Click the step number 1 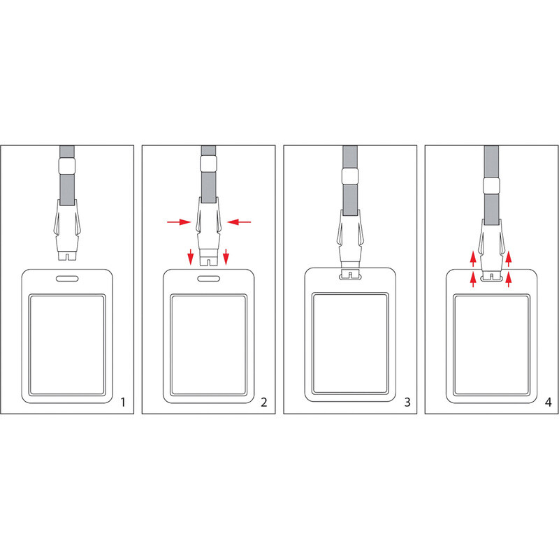point(123,402)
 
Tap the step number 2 point(264,402)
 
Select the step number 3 point(407,402)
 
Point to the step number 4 point(549,402)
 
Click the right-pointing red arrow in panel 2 point(179,222)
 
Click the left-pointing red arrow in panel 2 point(239,222)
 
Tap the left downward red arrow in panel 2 point(191,256)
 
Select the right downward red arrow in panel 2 point(226,256)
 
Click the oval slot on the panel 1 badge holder point(67,278)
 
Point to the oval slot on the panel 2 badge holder point(208,278)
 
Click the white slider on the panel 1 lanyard point(67,166)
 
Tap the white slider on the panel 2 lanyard point(208,164)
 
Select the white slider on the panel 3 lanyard point(350,177)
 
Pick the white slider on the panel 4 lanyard point(491,186)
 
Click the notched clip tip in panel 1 point(67,255)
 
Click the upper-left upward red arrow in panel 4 point(473,259)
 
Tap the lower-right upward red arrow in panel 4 point(509,279)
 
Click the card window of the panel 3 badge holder point(350,344)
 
